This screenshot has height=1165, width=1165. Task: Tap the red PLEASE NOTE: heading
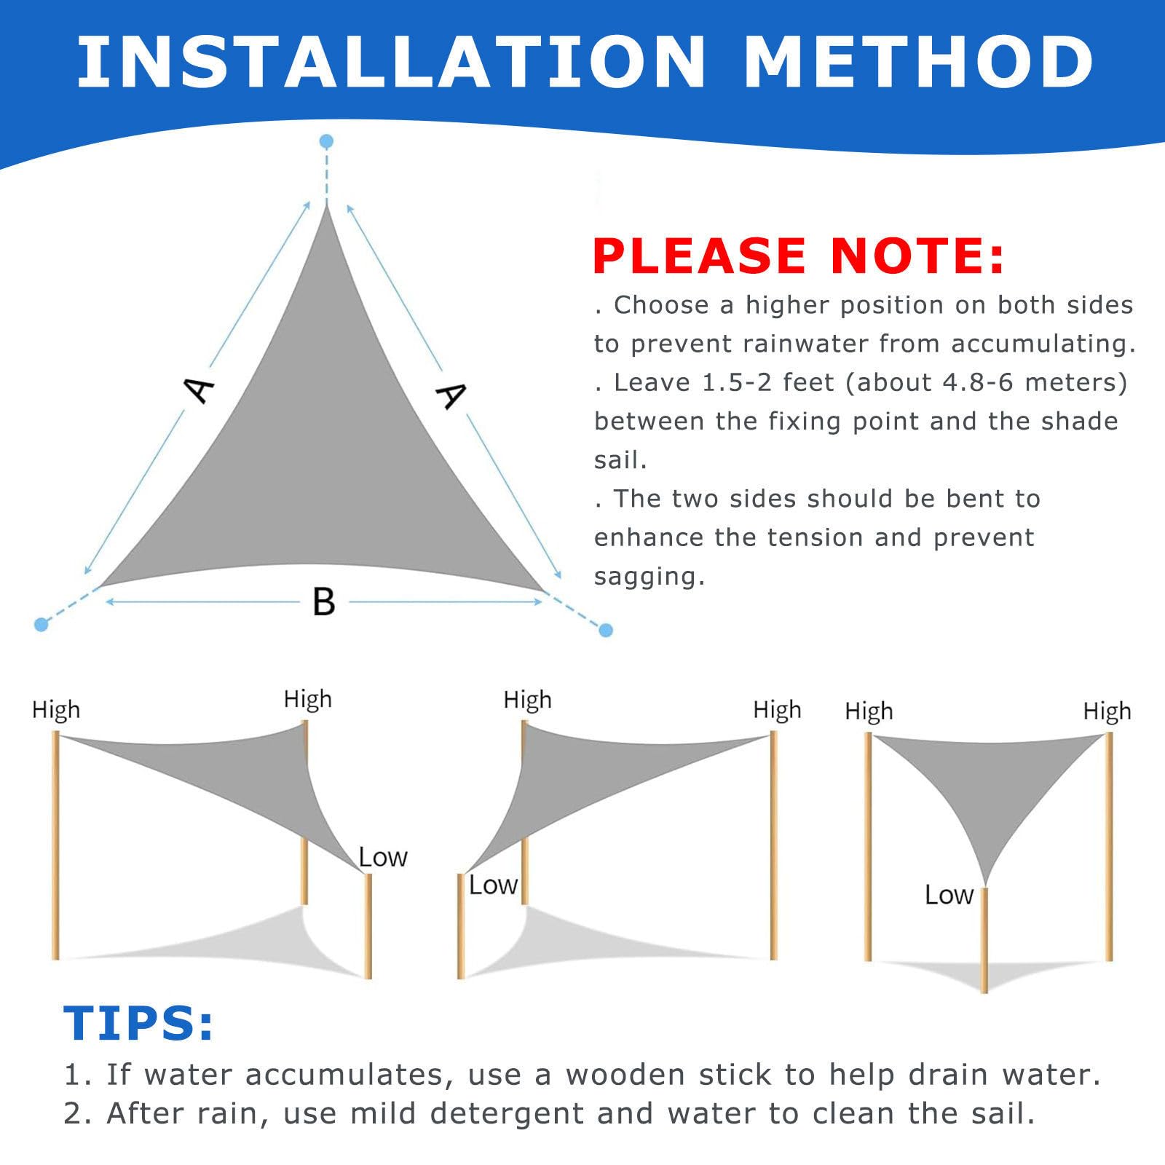798,256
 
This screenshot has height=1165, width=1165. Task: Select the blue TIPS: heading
138,1023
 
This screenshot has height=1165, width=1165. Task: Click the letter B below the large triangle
323,602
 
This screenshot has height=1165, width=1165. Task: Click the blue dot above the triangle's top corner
326,141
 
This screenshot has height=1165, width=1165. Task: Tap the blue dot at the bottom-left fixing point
42,624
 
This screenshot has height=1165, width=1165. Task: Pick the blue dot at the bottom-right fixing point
606,630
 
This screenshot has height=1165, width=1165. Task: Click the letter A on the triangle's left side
199,389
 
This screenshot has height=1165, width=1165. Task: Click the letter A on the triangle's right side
451,395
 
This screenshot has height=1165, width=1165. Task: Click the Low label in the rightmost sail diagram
949,895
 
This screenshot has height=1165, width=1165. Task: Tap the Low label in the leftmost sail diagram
383,858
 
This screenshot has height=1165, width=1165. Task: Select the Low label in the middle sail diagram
493,885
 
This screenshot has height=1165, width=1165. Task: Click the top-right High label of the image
1107,711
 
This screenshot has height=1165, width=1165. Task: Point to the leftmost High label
56,709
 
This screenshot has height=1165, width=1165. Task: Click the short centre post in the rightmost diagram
984,939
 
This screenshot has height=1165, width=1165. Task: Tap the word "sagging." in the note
649,577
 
